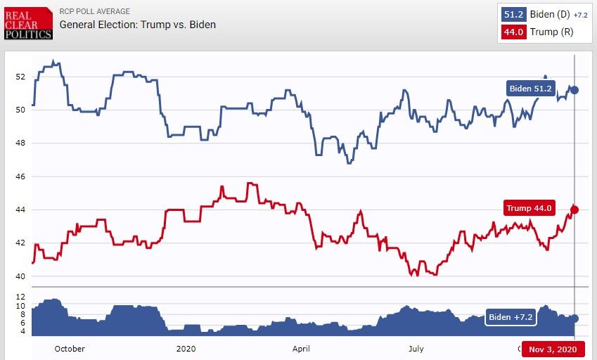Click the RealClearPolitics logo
(x=28, y=23)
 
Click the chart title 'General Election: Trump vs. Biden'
(x=137, y=25)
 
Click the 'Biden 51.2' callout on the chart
(x=531, y=89)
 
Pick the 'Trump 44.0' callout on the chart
(x=529, y=208)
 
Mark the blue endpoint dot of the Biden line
(x=574, y=90)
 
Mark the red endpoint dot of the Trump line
(x=574, y=210)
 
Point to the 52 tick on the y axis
(x=20, y=76)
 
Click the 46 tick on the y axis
(x=20, y=176)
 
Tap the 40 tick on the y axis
(x=20, y=276)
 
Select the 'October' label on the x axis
(x=69, y=349)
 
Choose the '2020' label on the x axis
(x=186, y=349)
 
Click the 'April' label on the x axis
(x=301, y=349)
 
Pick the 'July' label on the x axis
(x=416, y=349)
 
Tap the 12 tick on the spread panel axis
(x=20, y=297)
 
